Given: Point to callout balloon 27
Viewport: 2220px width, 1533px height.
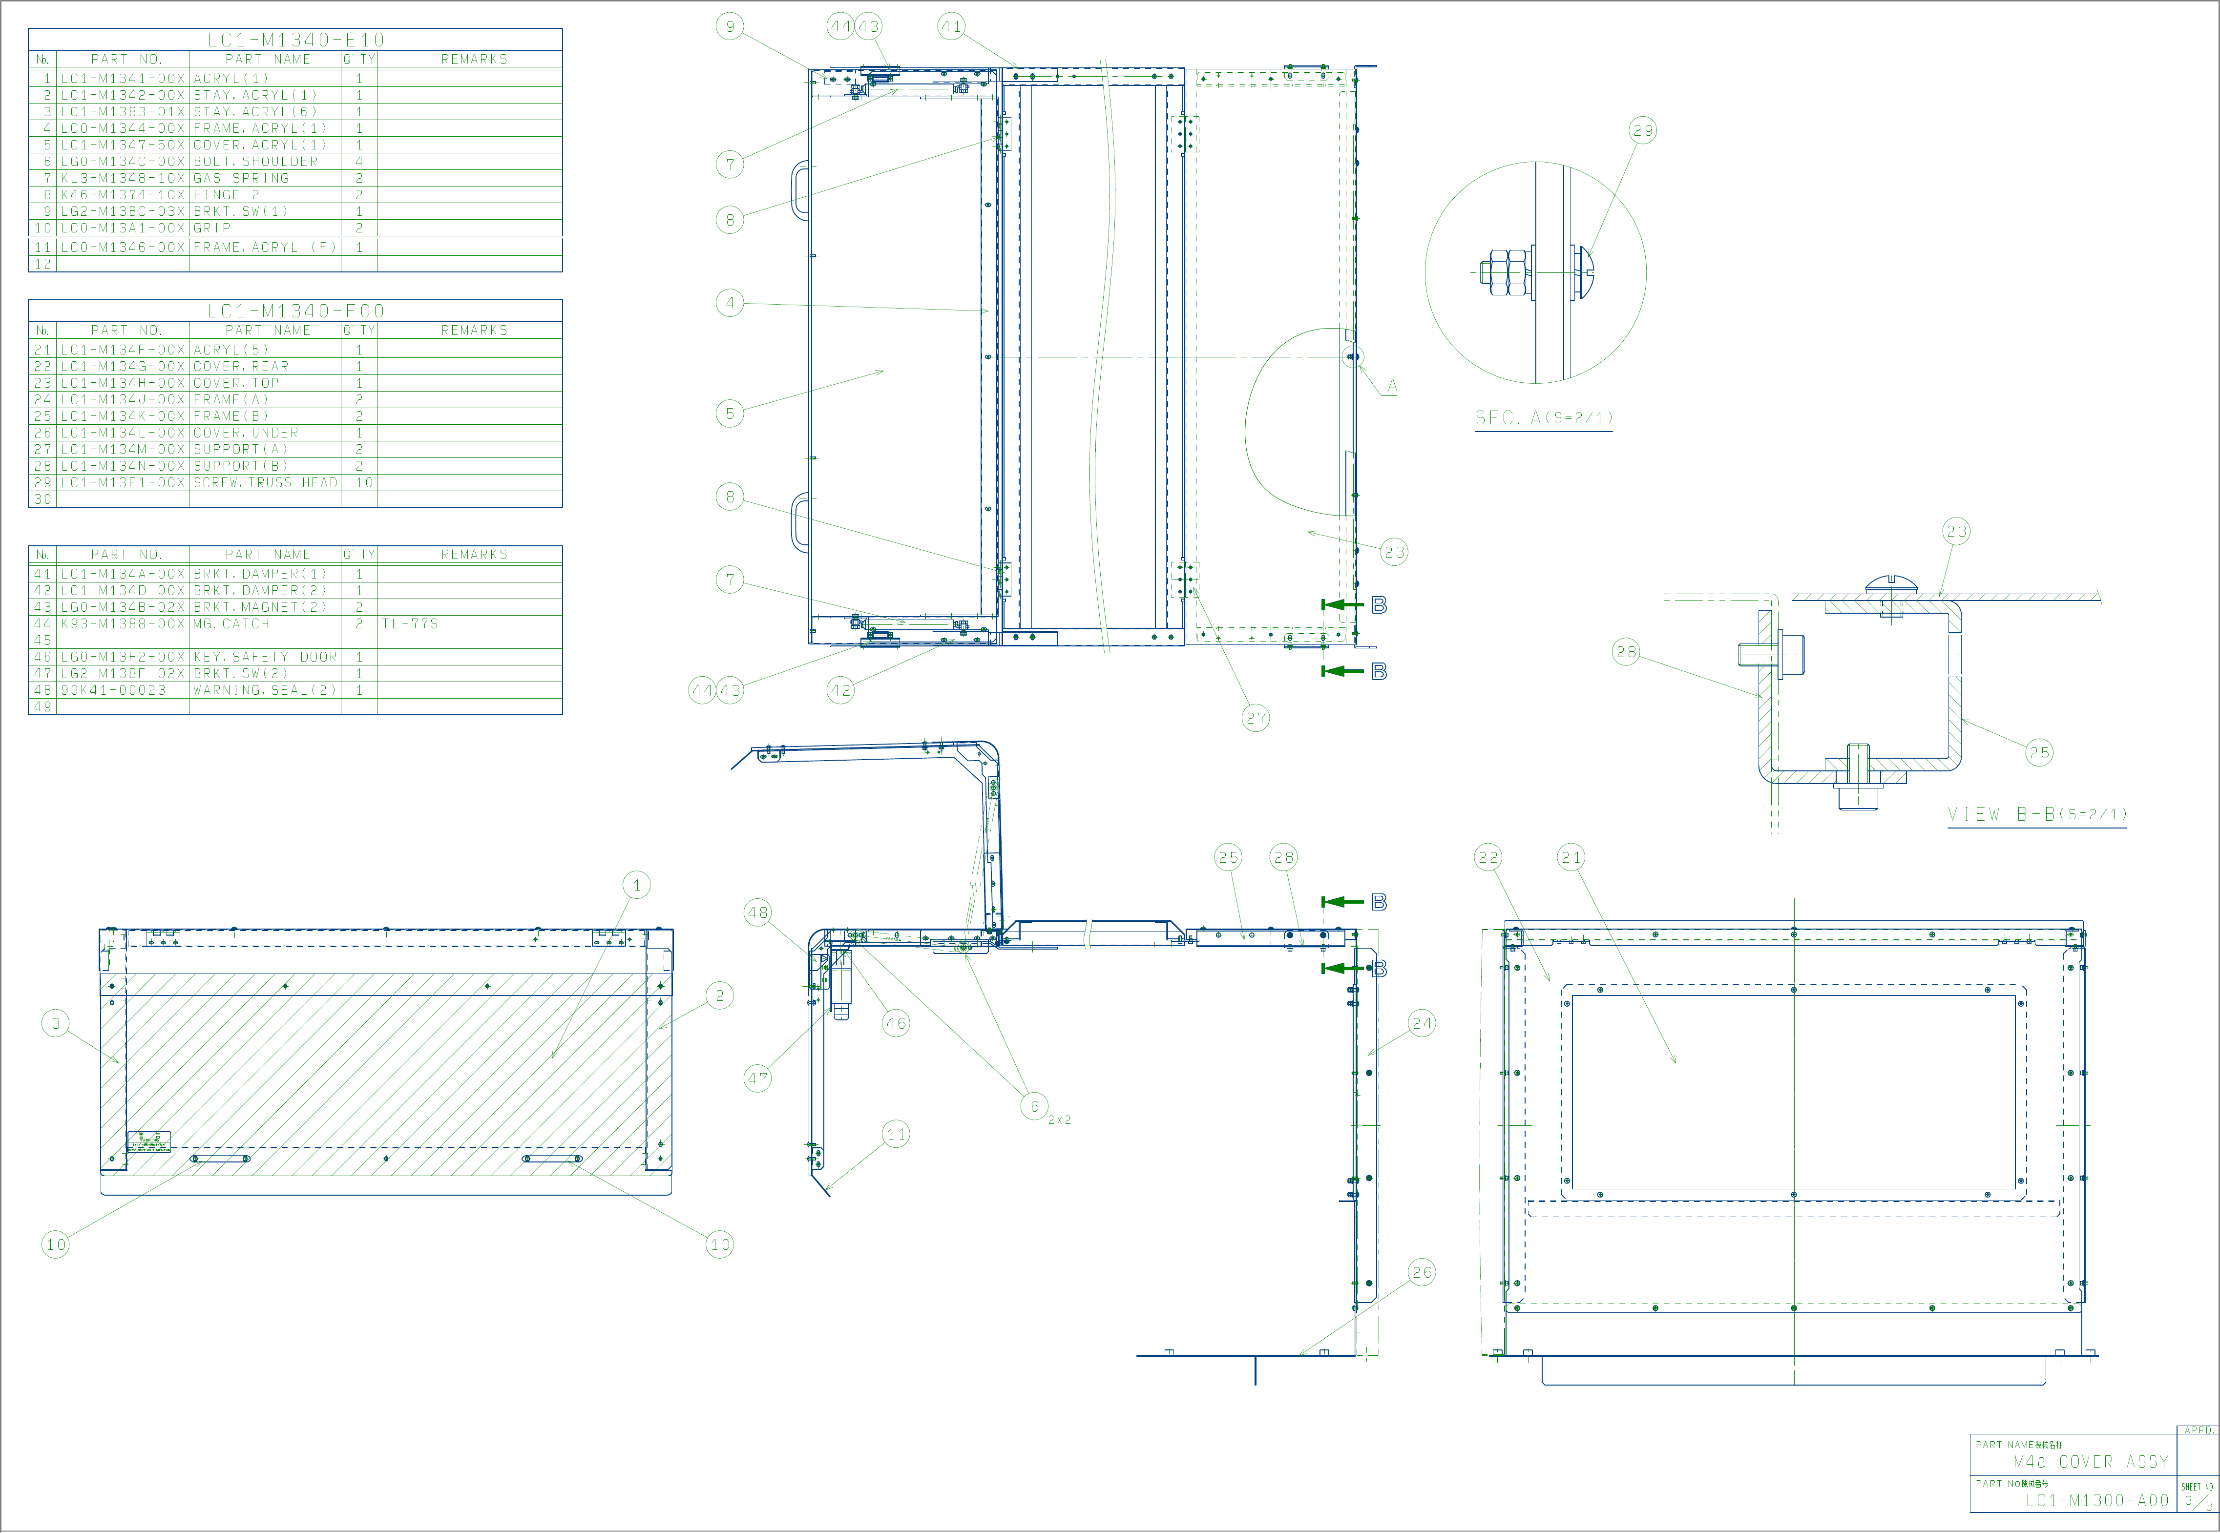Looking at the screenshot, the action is [1256, 718].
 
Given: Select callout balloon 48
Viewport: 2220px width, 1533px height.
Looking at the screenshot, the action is [758, 912].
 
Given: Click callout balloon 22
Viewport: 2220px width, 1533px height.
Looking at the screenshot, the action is [1488, 858].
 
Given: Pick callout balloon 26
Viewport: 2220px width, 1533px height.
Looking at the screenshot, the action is [1422, 1273].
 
